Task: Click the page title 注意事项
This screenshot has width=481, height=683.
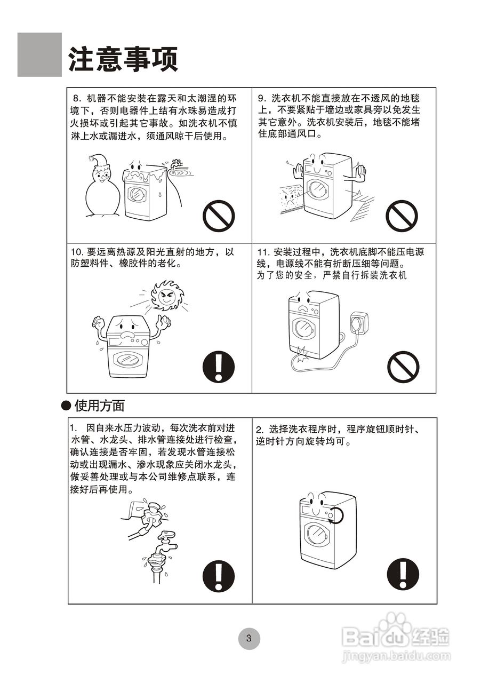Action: click(x=123, y=59)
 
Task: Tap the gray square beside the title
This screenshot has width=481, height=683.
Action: click(x=39, y=54)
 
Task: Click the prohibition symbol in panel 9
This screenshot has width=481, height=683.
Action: click(x=402, y=216)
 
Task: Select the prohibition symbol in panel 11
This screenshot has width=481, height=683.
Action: click(x=403, y=367)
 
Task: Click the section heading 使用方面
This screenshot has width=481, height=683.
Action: click(x=99, y=406)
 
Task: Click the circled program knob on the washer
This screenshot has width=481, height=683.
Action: click(x=334, y=515)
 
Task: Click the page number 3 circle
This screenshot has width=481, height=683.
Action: click(x=248, y=638)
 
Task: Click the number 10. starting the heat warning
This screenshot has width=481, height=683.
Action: click(x=78, y=252)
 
